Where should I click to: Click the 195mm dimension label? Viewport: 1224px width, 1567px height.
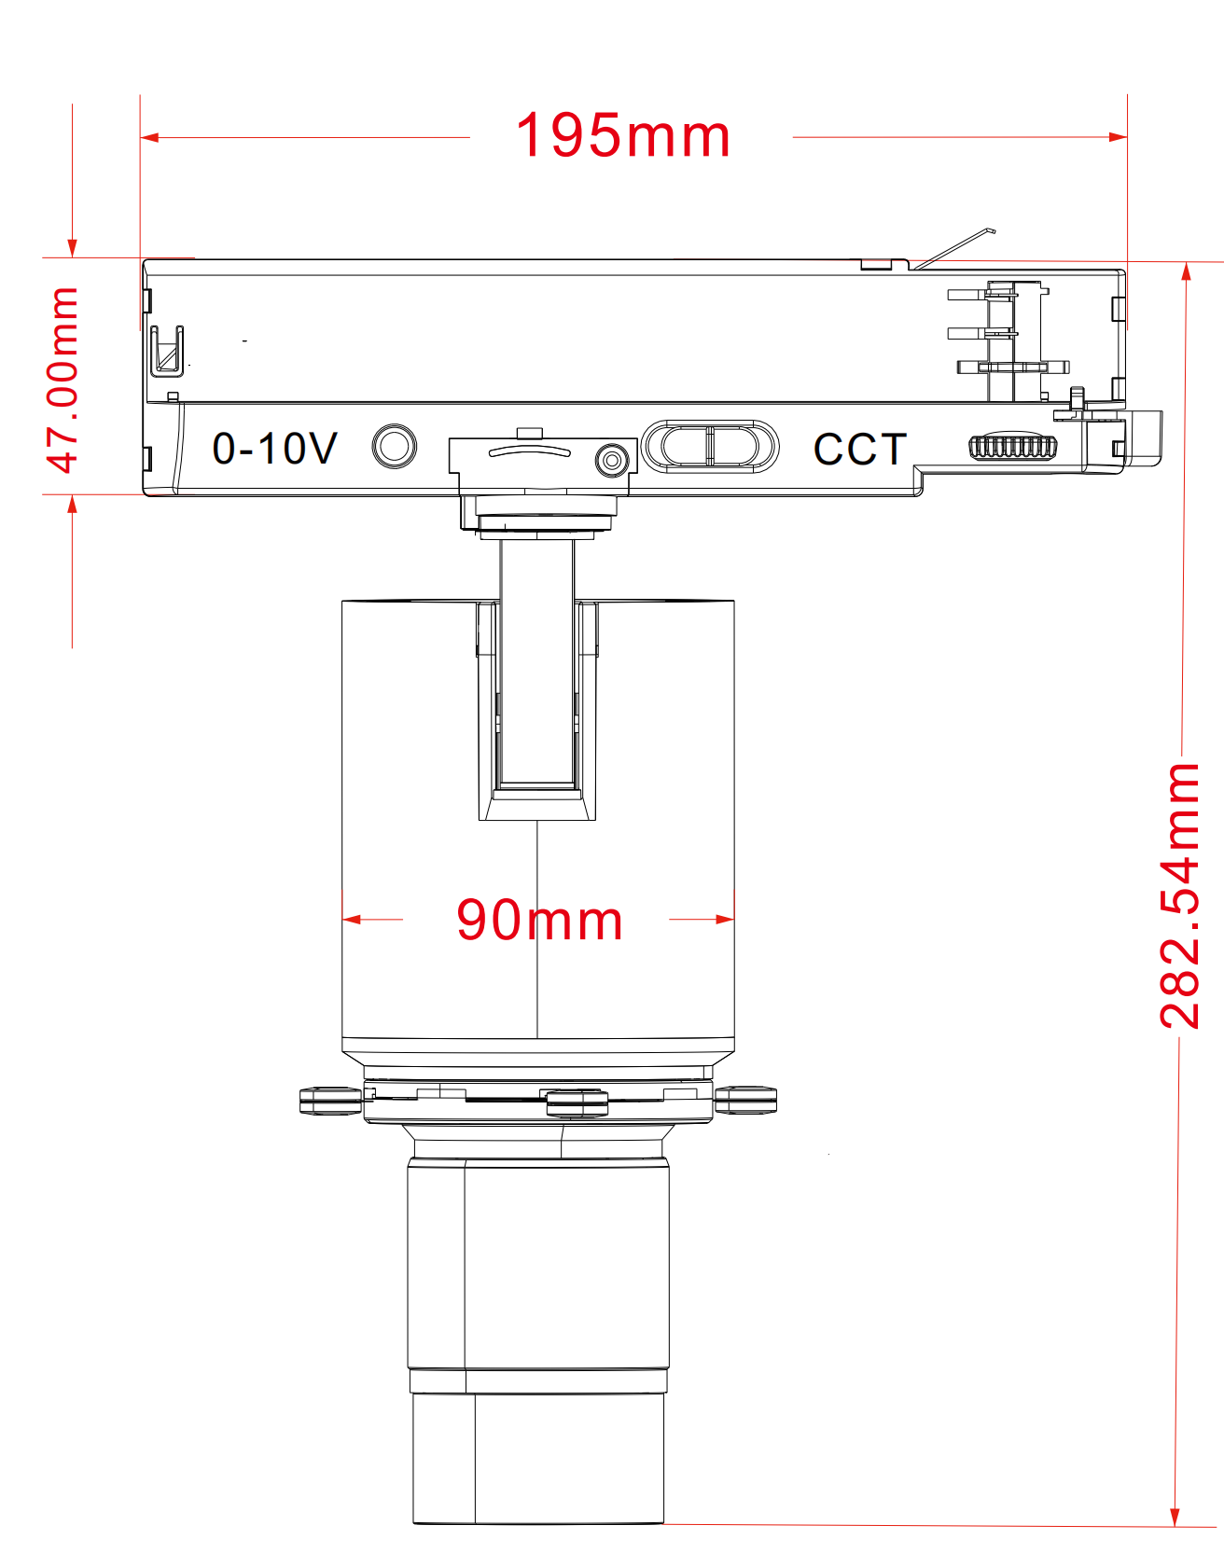click(x=623, y=136)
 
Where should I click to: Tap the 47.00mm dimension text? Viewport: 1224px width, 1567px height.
click(x=63, y=380)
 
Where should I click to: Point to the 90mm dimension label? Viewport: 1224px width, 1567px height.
click(x=539, y=920)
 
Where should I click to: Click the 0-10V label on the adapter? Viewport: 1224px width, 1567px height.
click(x=274, y=449)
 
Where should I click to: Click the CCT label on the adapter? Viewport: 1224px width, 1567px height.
click(x=859, y=450)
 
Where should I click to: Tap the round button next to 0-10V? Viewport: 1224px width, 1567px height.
click(x=394, y=447)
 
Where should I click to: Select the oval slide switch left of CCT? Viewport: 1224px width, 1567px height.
click(x=710, y=446)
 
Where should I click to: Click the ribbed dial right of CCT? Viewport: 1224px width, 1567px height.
click(x=1013, y=447)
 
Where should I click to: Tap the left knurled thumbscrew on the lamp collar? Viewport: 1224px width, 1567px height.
click(x=330, y=1101)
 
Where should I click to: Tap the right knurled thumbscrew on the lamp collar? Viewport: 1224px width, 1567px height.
click(x=745, y=1101)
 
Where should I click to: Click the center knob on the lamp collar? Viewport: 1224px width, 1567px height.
click(x=577, y=1102)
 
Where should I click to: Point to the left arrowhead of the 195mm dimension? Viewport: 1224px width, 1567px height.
click(x=148, y=138)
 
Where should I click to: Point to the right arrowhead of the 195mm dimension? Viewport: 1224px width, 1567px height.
click(x=1119, y=137)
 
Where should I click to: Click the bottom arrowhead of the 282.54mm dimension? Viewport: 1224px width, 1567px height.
click(x=1175, y=1517)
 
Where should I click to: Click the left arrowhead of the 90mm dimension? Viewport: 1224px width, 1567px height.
click(x=351, y=920)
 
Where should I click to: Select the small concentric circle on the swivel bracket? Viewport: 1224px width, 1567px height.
click(x=611, y=459)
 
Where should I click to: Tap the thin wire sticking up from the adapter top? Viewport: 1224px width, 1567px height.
click(x=956, y=247)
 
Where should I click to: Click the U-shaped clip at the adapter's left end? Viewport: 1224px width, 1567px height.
click(x=167, y=351)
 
